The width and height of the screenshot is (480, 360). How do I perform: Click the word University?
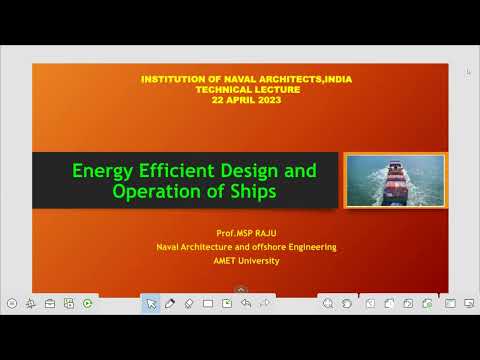coord(260,261)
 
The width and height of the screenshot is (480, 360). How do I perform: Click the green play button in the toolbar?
coord(88,303)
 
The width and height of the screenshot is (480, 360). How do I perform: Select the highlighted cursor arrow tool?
coord(150,303)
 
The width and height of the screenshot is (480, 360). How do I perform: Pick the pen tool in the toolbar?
coord(169,303)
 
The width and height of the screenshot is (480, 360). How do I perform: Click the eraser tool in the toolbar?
coord(189,303)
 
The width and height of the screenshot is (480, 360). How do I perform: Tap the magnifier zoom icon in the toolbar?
coord(327,303)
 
